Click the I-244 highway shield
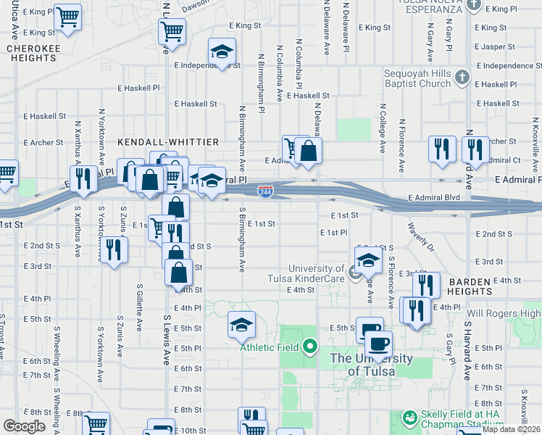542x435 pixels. click(264, 191)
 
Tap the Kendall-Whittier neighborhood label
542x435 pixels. click(152, 141)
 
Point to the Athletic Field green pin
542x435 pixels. click(310, 347)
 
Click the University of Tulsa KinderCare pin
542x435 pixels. click(354, 273)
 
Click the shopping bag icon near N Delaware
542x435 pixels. click(308, 150)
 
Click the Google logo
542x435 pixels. click(24, 426)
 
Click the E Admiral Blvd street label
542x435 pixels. click(434, 197)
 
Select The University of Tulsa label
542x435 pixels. click(372, 365)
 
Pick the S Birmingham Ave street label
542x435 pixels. click(242, 241)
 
